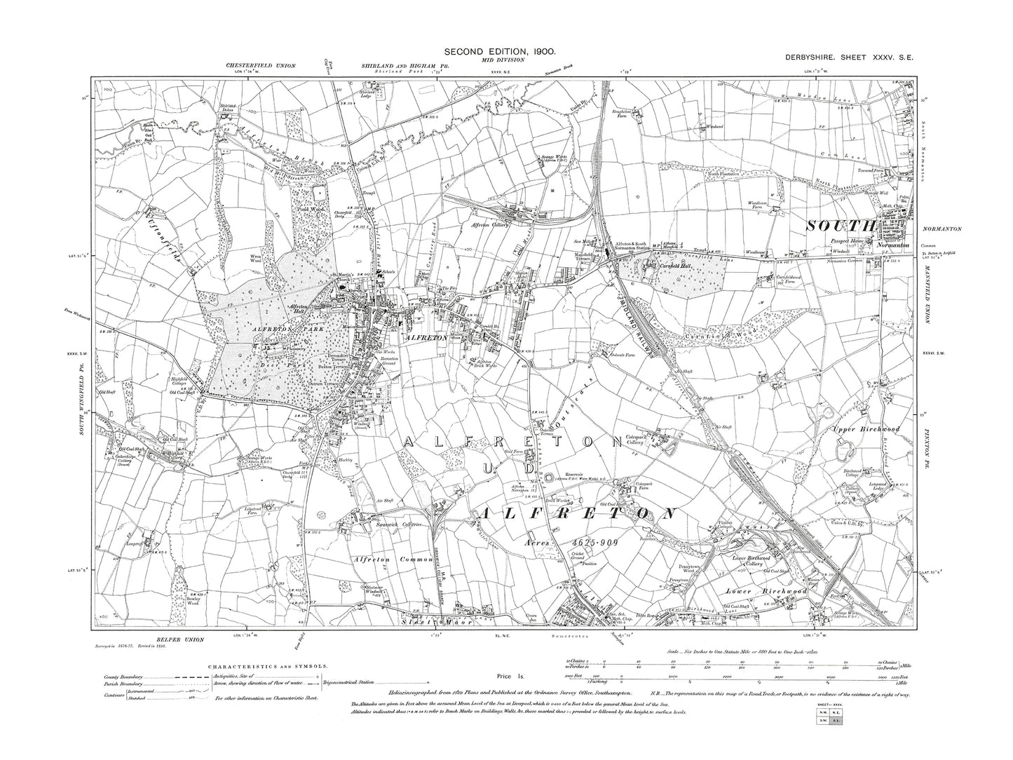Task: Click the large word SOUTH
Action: pos(842,226)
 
